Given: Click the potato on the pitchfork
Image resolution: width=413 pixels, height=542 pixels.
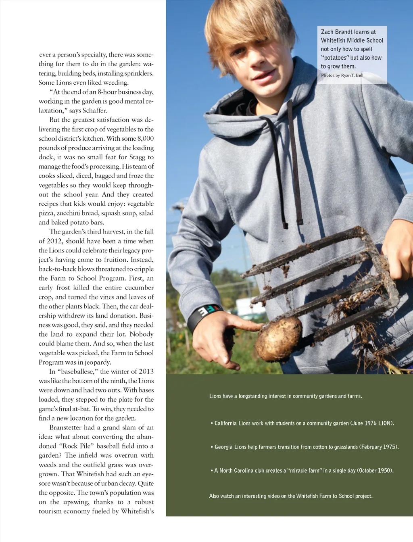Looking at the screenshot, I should pyautogui.click(x=278, y=338).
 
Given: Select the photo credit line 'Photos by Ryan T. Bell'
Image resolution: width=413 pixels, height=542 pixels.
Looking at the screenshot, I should pyautogui.click(x=342, y=75).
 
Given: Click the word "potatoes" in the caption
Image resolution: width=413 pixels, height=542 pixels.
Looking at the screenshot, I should pyautogui.click(x=335, y=58).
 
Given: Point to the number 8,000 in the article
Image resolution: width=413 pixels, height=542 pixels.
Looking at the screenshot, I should pyautogui.click(x=145, y=138).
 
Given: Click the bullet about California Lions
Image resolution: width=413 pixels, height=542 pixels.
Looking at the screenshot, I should pyautogui.click(x=302, y=423).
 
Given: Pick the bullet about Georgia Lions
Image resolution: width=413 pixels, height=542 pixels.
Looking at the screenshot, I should pyautogui.click(x=305, y=447).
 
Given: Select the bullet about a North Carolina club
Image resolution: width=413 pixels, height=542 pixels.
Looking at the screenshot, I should pyautogui.click(x=302, y=471).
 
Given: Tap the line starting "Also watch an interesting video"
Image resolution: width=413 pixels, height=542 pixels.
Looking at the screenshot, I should pyautogui.click(x=290, y=496).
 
